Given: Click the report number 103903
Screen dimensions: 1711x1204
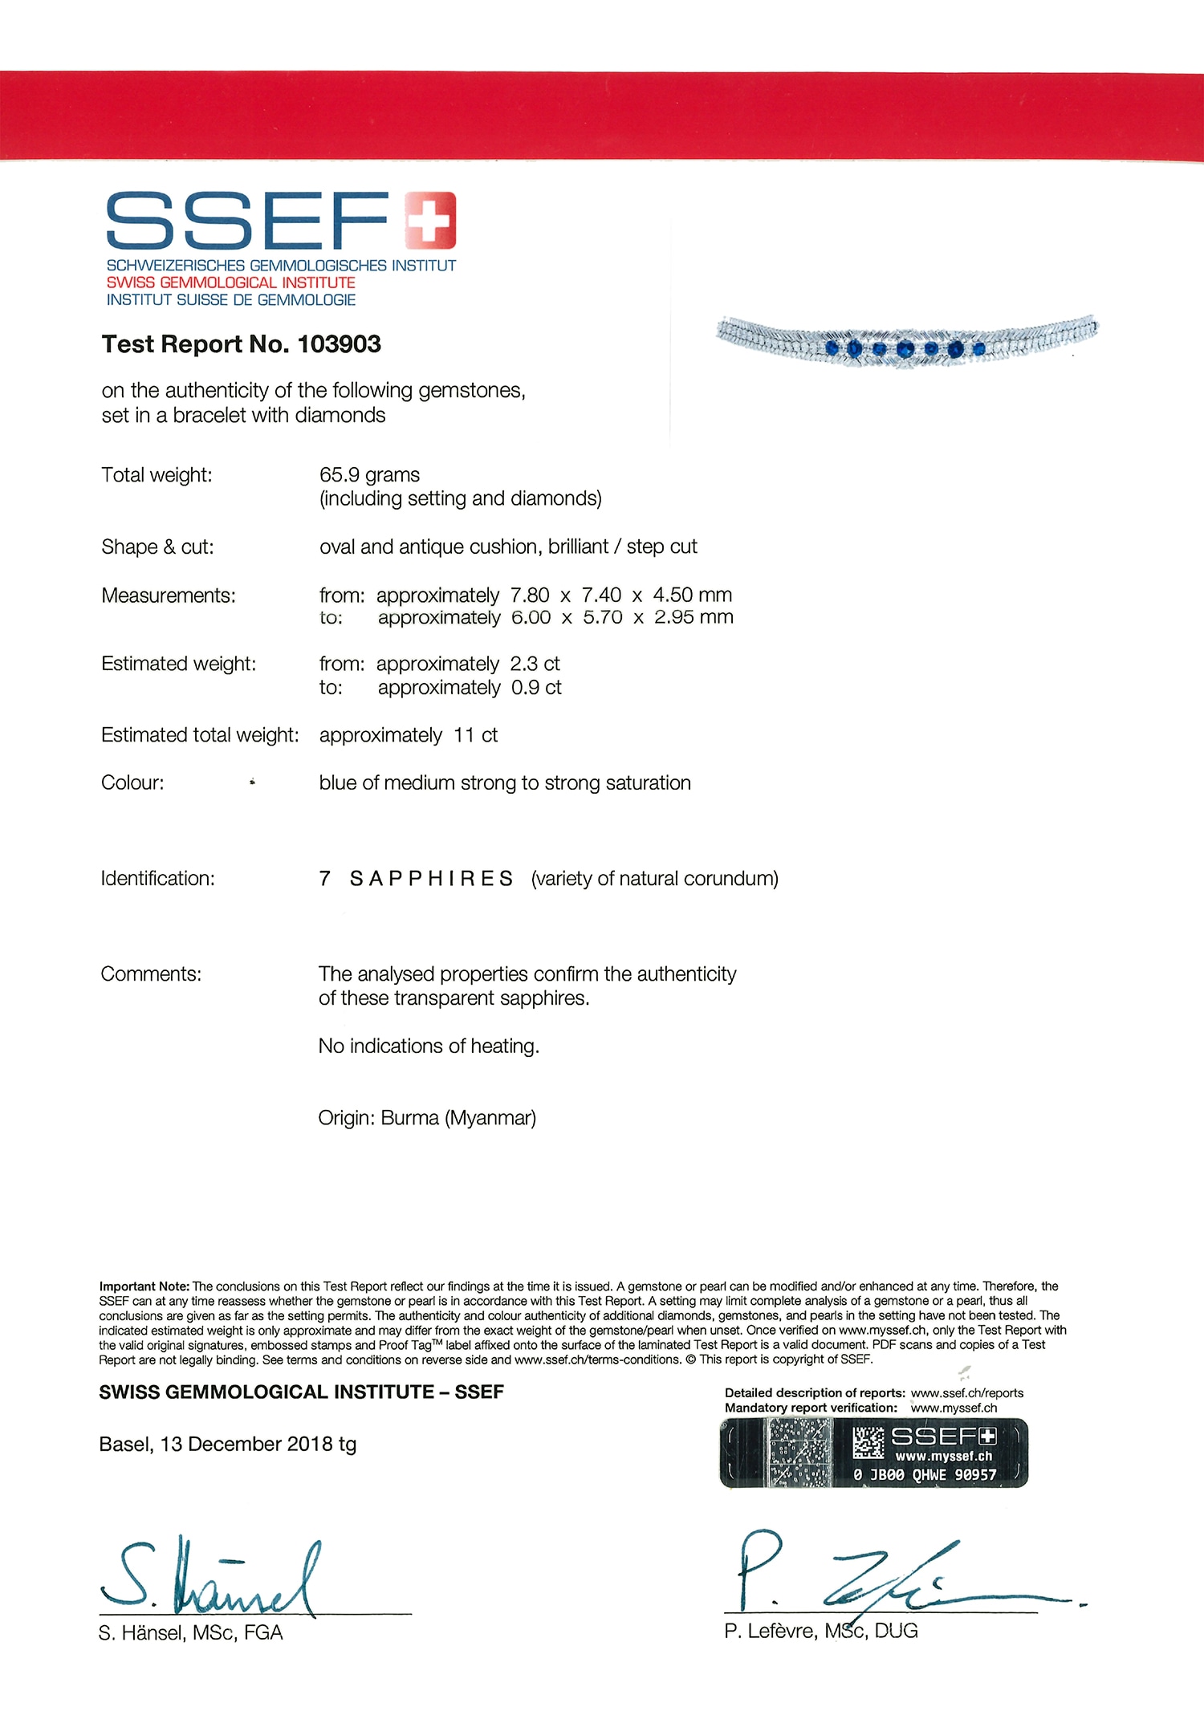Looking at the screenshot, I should [x=339, y=344].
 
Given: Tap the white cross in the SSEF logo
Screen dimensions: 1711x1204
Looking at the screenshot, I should [x=430, y=220].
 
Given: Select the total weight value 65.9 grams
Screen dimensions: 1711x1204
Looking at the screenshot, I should [x=369, y=475].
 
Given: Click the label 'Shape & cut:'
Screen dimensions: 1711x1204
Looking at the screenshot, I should [x=157, y=547].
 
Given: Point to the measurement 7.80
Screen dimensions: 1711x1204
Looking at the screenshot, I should [x=530, y=595].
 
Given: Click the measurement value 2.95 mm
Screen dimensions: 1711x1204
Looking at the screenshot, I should [x=694, y=617].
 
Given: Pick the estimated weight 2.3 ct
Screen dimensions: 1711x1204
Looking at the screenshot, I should [x=535, y=664].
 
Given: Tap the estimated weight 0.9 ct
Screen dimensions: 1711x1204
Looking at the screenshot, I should [x=536, y=688].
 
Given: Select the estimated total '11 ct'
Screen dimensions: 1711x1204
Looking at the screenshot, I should [x=475, y=735].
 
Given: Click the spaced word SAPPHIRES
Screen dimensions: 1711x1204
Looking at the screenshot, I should [x=431, y=879].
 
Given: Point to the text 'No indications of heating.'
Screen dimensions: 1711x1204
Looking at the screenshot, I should [x=429, y=1047].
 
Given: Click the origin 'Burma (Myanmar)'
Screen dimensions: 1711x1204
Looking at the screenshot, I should [x=458, y=1118].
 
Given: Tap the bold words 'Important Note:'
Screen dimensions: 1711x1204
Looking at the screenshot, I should [x=144, y=1286].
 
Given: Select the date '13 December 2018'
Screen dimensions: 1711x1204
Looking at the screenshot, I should [x=246, y=1445].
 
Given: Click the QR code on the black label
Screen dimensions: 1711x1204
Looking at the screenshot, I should [x=868, y=1442].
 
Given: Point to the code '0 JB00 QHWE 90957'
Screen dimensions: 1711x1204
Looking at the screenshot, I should [x=925, y=1474].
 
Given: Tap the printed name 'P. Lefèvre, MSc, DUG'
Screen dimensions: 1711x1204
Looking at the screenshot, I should [x=820, y=1631].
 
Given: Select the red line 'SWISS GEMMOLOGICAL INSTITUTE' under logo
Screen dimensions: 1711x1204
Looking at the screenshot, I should [x=230, y=282].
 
